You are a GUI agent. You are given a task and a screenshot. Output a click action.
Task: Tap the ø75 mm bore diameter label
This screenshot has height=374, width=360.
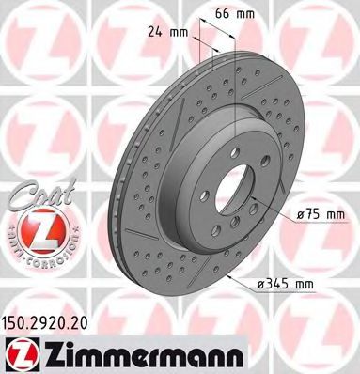click(x=322, y=215)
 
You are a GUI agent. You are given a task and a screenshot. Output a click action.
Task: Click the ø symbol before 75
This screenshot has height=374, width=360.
click(x=301, y=215)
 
